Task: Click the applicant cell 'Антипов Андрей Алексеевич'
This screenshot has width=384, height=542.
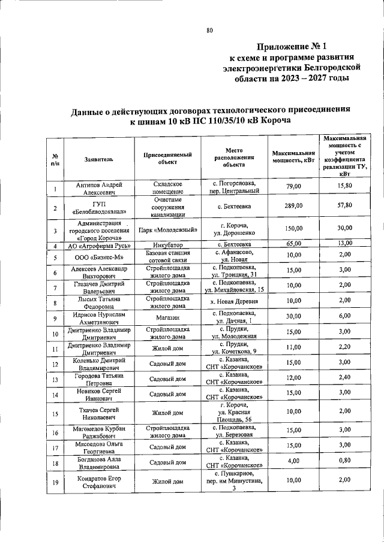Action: pos(98,189)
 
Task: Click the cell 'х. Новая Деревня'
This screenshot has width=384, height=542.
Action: pos(231,301)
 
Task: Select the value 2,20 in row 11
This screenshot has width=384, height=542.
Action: pos(344,348)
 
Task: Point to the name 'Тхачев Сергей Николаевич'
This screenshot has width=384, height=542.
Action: pos(98,413)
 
